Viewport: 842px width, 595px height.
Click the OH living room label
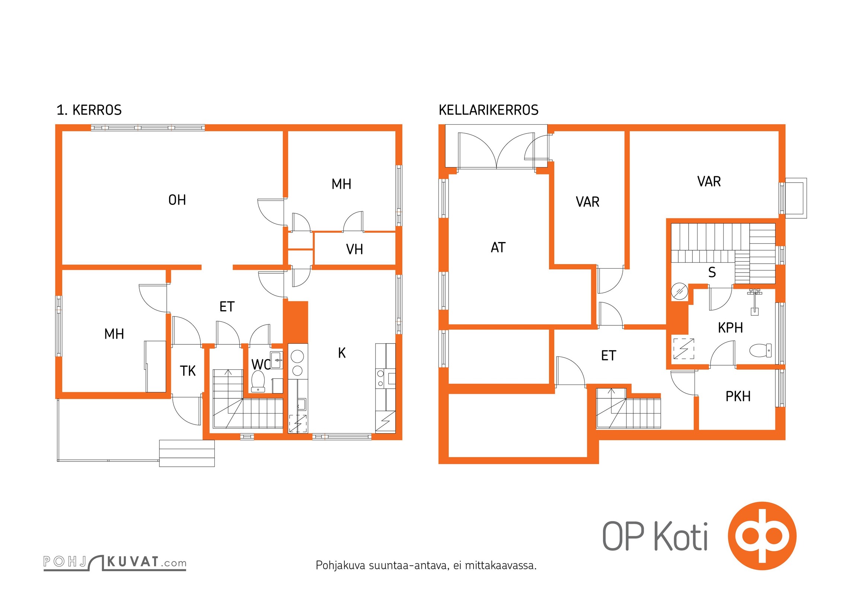(x=177, y=200)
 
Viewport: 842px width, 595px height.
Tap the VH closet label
(x=354, y=249)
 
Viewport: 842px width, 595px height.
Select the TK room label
(x=188, y=371)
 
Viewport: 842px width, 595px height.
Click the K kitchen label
(x=342, y=353)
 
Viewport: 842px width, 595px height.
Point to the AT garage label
(x=498, y=247)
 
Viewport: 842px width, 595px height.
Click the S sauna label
(x=712, y=272)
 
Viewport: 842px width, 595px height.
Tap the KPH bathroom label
(x=730, y=328)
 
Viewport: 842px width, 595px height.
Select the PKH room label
(x=738, y=396)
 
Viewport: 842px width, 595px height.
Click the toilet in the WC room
(x=258, y=381)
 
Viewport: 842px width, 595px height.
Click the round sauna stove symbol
(x=679, y=292)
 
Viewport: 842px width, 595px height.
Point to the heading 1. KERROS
(x=89, y=110)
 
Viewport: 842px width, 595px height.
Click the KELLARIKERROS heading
(x=488, y=110)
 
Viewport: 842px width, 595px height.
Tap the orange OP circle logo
(x=762, y=536)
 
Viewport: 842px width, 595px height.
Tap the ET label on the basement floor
(x=609, y=356)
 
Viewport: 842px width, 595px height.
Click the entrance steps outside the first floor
(x=187, y=453)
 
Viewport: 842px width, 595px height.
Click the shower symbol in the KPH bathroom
(x=684, y=348)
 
